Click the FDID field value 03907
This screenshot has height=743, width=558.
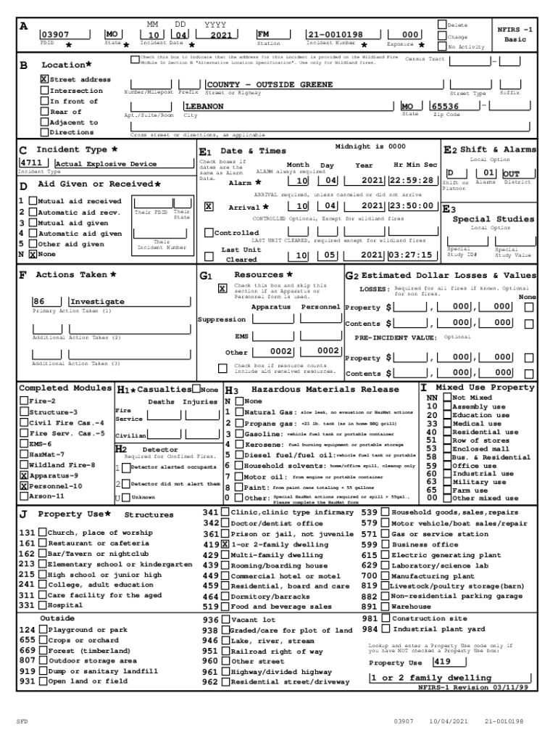click(x=55, y=35)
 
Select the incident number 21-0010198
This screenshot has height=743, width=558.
click(x=334, y=35)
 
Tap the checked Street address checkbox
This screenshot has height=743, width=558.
click(x=44, y=79)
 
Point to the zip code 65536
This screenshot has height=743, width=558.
click(x=445, y=107)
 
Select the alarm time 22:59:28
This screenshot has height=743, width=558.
click(x=412, y=181)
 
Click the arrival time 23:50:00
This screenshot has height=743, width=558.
click(x=412, y=207)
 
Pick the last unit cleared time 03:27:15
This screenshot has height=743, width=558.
click(x=412, y=255)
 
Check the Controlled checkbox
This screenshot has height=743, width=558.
click(x=209, y=233)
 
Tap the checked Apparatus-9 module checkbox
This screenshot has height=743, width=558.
click(x=24, y=475)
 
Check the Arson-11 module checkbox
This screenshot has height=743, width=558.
click(x=24, y=496)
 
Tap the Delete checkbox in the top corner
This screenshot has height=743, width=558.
click(x=442, y=25)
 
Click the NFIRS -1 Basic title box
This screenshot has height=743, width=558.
click(x=515, y=35)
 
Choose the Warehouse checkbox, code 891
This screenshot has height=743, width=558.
click(x=385, y=607)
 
